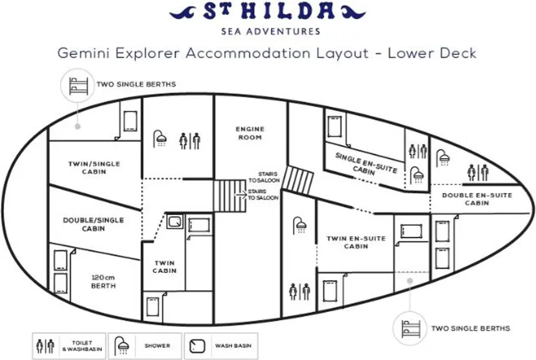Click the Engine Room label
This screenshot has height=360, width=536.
point(250,133)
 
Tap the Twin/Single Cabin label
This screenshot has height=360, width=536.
point(94,167)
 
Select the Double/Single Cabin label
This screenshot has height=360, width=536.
point(93,224)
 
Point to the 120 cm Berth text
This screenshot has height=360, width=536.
point(103,281)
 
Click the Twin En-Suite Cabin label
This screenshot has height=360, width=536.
point(356,242)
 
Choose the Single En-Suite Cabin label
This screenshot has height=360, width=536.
point(365,164)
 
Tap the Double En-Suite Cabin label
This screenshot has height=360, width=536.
point(477,199)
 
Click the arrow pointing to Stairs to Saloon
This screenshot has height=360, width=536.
point(241,194)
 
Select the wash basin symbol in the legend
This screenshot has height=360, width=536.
point(197,346)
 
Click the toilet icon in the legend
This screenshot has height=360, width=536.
point(46,346)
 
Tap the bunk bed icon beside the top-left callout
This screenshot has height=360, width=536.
point(78,86)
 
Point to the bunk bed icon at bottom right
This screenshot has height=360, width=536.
point(410,329)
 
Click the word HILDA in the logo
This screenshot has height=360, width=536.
point(283,11)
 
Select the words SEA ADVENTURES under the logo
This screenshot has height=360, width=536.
point(271,32)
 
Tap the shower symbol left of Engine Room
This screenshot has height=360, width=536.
point(159,139)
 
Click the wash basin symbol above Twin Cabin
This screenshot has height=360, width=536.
point(175,222)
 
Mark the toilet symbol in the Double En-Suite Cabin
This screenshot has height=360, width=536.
point(478,172)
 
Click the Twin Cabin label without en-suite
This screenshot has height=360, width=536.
point(164,267)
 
